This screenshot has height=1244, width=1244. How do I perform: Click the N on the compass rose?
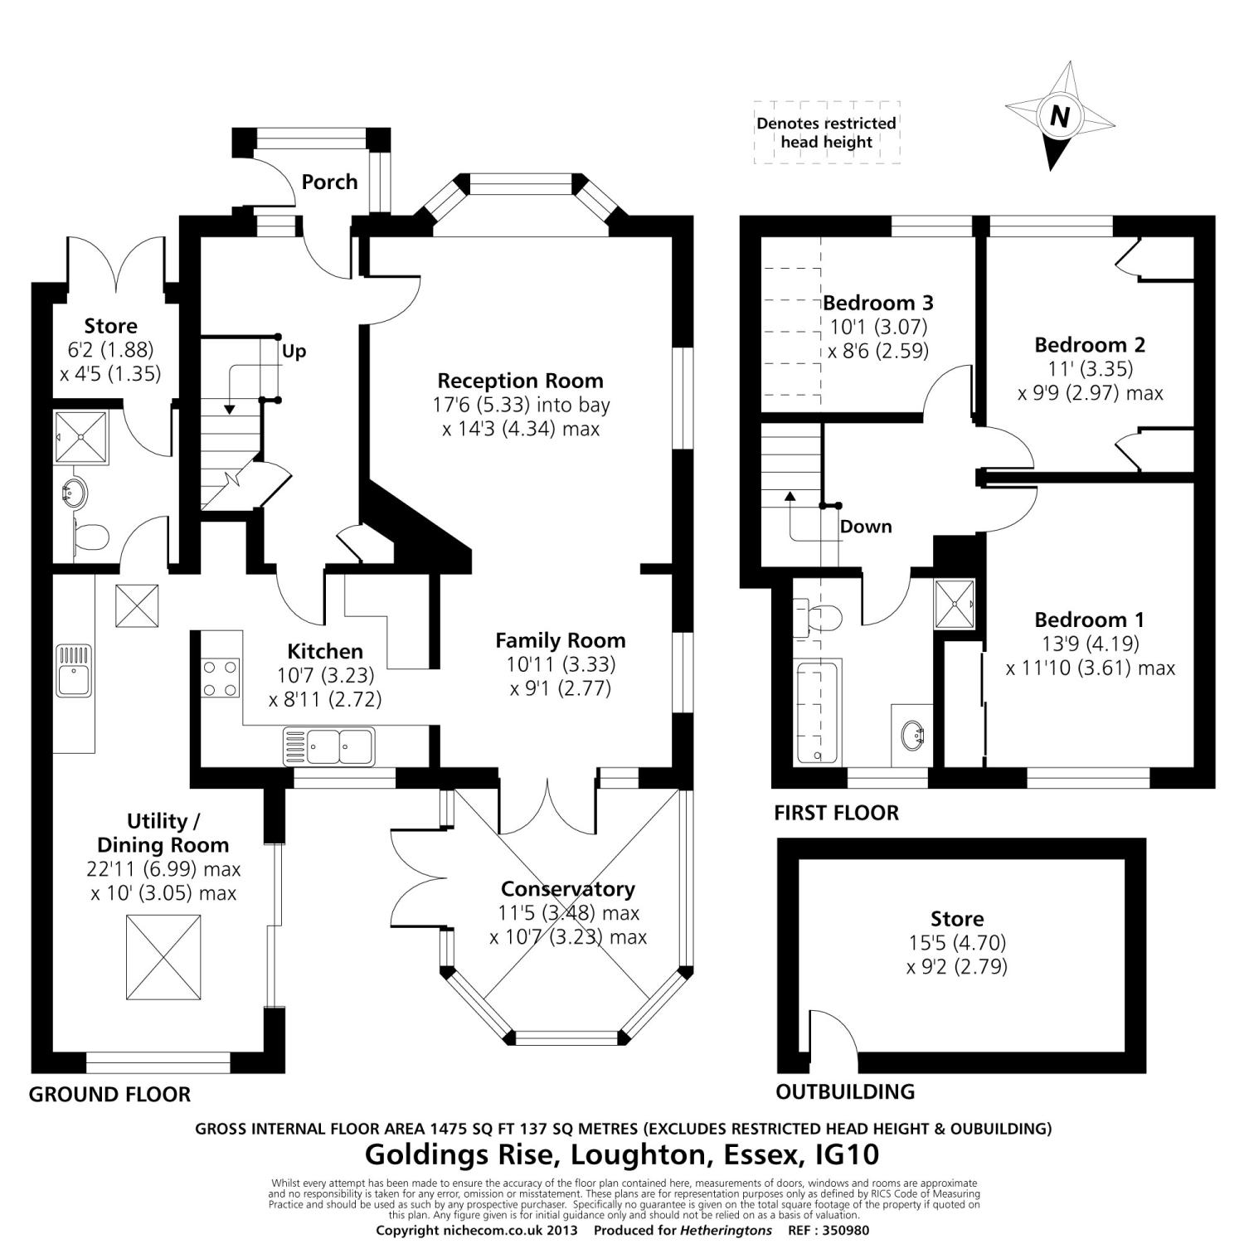coord(1059,116)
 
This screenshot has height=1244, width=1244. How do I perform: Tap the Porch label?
coord(329,182)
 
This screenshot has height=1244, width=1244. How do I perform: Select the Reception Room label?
coord(520,381)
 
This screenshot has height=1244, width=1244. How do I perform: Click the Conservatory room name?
coord(567,889)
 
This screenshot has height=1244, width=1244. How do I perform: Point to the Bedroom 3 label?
coord(878,302)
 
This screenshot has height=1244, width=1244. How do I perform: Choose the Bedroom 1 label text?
coord(1089,620)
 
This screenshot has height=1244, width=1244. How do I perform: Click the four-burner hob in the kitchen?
coord(220,678)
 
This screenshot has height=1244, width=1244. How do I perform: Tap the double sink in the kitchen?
coord(328,745)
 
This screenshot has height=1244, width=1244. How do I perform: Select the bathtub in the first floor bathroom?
coord(819,712)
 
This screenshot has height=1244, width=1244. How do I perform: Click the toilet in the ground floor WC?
coord(90,538)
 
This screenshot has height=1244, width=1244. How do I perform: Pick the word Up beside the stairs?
coord(294,351)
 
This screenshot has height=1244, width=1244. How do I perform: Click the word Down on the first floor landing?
coord(866,527)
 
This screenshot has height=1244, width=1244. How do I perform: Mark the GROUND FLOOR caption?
coord(109,1095)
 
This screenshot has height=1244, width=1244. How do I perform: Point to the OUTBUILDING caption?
coord(845,1091)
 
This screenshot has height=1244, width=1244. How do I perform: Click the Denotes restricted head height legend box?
coord(826,133)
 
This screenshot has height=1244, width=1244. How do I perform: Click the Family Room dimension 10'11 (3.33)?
coord(561,664)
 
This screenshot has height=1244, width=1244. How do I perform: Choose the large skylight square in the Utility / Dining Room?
coord(163,960)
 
